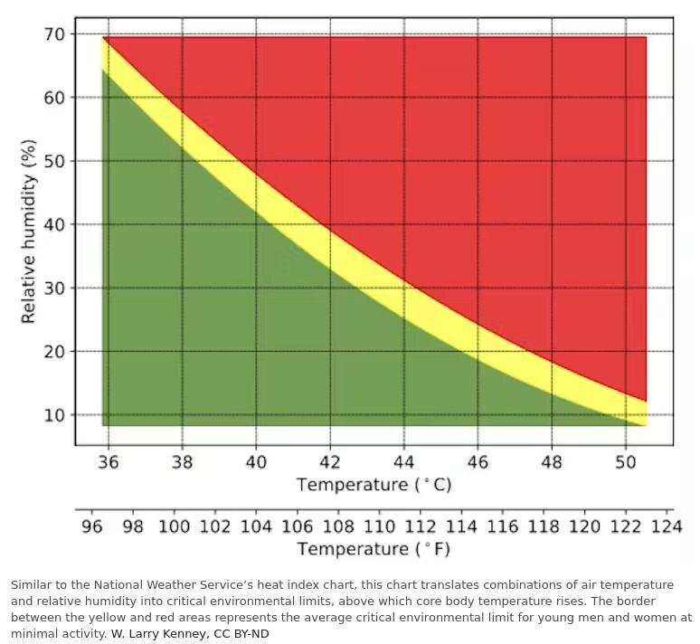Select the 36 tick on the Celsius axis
108,462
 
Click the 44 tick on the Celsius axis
403,462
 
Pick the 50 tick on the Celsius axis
625,462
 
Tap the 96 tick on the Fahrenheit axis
91,526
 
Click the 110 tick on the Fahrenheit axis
380,526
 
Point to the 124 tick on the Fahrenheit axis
667,526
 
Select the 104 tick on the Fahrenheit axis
256,526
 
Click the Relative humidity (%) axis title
29,232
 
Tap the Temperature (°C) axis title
374,485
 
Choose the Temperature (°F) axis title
374,549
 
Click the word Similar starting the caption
30,585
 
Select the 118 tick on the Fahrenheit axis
544,526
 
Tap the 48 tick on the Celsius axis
551,462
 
